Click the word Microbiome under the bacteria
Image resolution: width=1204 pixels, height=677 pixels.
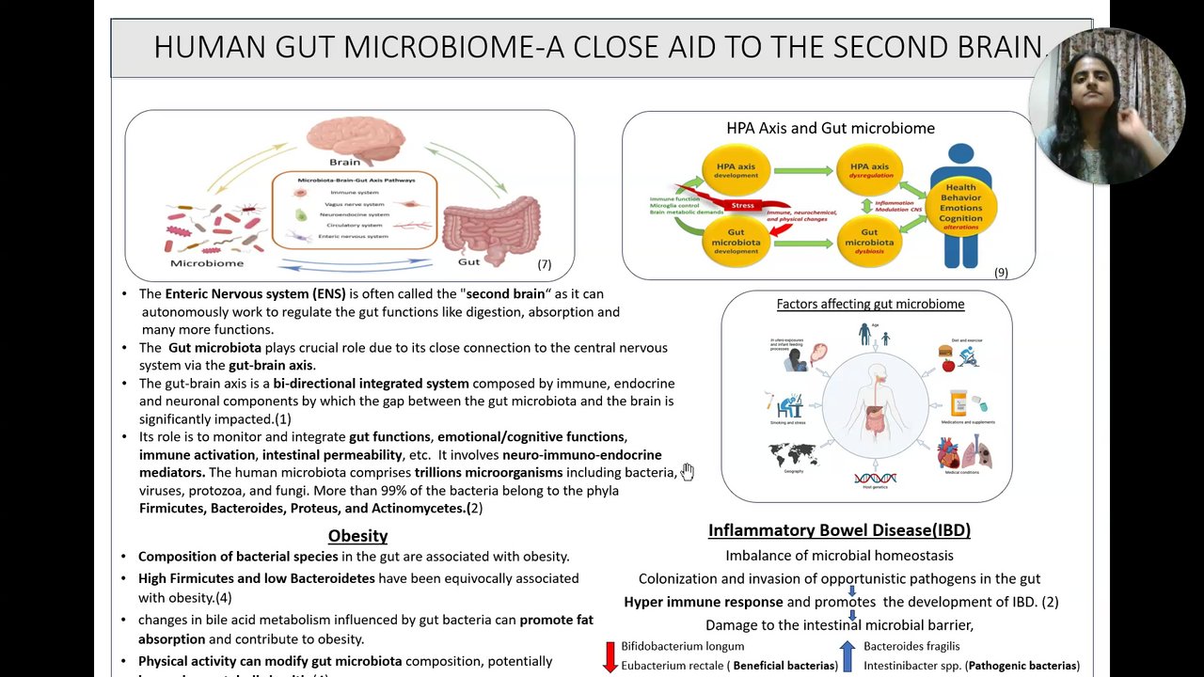206,263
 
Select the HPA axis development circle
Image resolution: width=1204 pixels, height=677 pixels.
736,170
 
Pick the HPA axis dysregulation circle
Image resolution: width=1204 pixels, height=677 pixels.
869,170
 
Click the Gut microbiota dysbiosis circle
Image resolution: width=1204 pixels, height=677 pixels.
869,241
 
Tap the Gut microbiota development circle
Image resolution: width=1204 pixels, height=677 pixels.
736,241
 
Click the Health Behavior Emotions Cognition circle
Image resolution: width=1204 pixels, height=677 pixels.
961,207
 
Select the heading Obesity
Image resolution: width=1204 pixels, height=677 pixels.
357,536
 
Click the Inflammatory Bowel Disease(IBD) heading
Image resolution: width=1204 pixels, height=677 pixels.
839,530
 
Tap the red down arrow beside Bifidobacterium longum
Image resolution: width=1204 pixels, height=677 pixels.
610,656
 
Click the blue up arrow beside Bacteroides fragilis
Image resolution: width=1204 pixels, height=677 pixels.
848,655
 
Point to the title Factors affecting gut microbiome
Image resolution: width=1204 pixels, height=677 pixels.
870,304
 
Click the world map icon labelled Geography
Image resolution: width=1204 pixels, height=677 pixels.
793,456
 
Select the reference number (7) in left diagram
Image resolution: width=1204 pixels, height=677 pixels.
544,264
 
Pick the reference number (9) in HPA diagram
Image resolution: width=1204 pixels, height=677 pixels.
1001,272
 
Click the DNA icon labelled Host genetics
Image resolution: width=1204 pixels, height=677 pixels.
875,478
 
